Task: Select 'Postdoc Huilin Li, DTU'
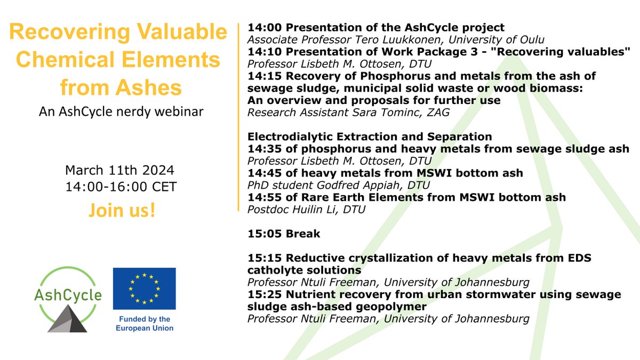(x=306, y=210)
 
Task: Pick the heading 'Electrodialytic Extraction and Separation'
(x=370, y=137)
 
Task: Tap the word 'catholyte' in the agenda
(x=271, y=270)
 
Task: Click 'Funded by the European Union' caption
(x=144, y=324)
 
